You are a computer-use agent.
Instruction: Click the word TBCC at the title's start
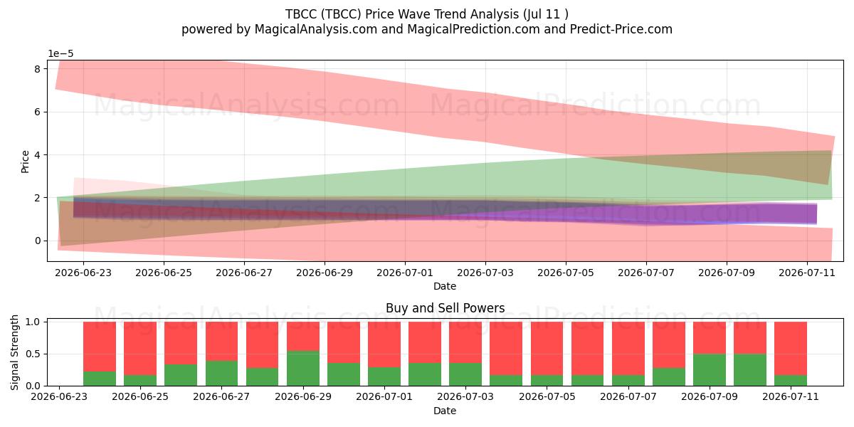click(301, 14)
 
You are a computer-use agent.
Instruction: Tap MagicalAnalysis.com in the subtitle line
click(316, 29)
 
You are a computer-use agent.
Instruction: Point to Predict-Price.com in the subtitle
click(621, 29)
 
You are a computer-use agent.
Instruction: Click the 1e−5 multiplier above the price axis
click(60, 54)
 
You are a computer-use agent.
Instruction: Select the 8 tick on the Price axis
click(37, 69)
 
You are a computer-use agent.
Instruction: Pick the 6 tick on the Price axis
click(37, 112)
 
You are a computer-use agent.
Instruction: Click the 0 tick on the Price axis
click(37, 241)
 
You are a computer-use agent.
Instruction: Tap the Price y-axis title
click(25, 162)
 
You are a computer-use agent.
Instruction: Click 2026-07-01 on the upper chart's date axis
click(405, 273)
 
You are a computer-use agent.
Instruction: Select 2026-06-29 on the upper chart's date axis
click(325, 273)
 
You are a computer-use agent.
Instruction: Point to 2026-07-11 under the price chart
click(807, 273)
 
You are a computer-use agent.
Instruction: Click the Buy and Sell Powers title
click(445, 308)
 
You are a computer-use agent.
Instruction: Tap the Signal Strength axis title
click(14, 353)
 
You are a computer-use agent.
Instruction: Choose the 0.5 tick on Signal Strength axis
click(33, 354)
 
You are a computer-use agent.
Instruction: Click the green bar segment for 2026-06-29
click(303, 368)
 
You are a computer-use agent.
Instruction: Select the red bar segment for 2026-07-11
click(791, 349)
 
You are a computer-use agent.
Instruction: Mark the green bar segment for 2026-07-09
click(709, 370)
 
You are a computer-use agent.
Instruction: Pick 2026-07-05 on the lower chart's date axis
click(547, 397)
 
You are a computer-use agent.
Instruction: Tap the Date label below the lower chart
click(445, 411)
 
